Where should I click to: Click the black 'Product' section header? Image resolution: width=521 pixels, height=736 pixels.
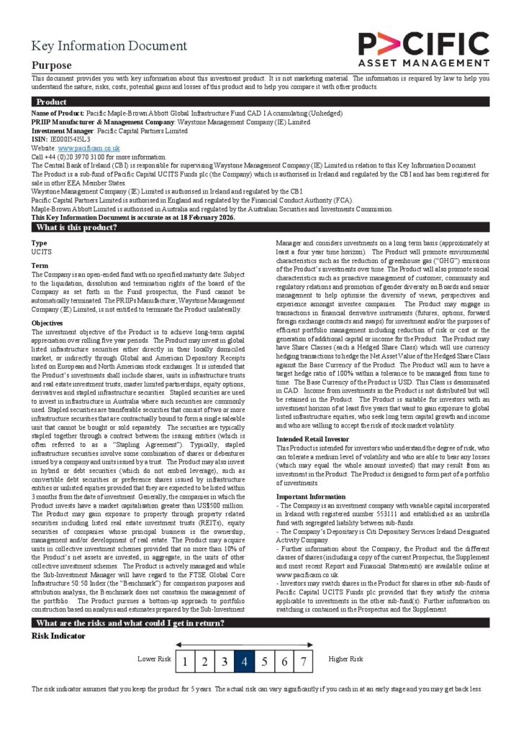point(51,102)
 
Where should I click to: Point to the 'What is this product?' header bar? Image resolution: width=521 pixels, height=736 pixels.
point(76,228)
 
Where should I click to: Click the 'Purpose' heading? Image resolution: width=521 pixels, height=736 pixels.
point(51,65)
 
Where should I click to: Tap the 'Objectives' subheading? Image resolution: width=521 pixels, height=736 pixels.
point(47,323)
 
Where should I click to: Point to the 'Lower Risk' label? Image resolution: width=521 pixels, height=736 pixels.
point(154,659)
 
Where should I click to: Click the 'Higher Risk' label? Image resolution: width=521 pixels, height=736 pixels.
point(345,659)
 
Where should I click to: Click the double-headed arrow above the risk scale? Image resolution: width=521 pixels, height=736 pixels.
point(244,645)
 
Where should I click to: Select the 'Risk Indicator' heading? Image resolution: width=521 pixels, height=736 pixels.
point(58,636)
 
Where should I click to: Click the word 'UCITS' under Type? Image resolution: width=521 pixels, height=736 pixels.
point(42,253)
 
